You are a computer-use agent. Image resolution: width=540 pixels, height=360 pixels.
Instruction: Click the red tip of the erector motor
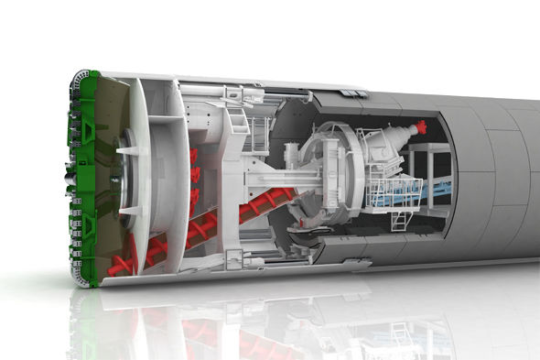point(422,125)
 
